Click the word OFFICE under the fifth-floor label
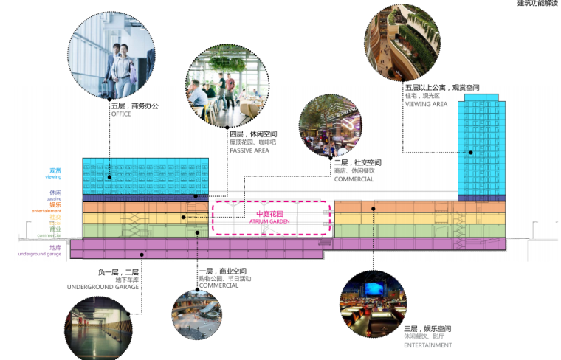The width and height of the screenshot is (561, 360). pos(121,114)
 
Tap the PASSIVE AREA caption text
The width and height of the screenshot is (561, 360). pos(249,150)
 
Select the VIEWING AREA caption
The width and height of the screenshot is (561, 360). pos(427,105)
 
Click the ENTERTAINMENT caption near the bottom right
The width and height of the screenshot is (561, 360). pos(428,345)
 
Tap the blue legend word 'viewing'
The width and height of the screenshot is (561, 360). pos(54,178)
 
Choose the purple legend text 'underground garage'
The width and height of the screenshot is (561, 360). pos(41,254)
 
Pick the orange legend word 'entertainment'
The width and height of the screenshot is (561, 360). pos(47,211)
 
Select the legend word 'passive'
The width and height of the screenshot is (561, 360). pos(54,199)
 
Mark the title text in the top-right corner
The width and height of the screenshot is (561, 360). pos(537,4)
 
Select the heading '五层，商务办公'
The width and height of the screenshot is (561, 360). pos(135,105)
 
